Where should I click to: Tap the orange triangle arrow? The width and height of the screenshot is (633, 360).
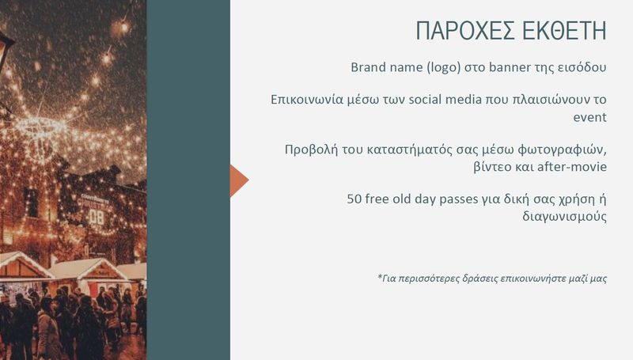[240, 180]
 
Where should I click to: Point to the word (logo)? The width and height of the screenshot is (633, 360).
[444, 67]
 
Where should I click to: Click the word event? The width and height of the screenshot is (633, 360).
[589, 117]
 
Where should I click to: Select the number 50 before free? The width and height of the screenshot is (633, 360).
[354, 199]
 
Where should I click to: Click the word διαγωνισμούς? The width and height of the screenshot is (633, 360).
[565, 217]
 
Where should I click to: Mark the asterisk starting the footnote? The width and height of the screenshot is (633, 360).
[380, 276]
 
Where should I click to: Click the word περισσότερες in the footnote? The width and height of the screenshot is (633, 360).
[430, 279]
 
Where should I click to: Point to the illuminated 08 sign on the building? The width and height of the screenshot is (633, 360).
[97, 218]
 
